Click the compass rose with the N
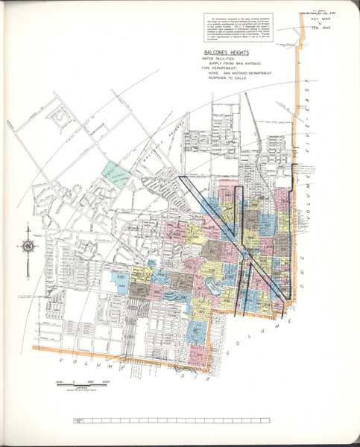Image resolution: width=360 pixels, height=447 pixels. (x=28, y=247)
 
